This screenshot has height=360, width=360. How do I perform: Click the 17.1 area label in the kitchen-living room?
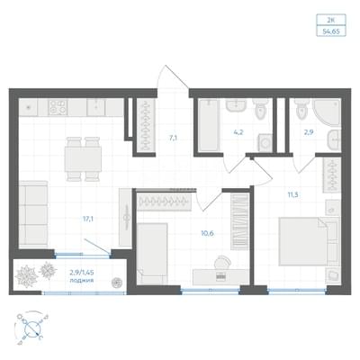(88, 219)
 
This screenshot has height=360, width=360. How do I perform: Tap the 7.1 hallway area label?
(173, 139)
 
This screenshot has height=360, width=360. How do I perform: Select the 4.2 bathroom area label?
(238, 132)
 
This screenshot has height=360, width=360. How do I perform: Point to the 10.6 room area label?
(207, 233)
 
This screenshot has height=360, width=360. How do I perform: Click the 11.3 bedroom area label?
(292, 195)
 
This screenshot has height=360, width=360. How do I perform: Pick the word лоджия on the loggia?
(81, 281)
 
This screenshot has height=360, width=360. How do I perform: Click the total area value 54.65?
(331, 31)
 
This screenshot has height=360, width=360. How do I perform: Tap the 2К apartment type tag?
(331, 20)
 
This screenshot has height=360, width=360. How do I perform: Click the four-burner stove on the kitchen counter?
(58, 107)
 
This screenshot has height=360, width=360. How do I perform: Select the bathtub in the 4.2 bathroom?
(209, 125)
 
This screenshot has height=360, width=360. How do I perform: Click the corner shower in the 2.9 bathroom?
(327, 112)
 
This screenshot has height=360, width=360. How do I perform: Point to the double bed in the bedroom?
(309, 241)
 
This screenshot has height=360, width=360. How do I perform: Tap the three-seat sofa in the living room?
(33, 213)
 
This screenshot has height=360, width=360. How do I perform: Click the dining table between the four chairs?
(83, 158)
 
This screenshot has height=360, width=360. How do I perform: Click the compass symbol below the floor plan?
(31, 328)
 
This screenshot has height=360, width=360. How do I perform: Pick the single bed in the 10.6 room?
(152, 254)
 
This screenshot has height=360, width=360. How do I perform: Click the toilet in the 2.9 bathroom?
(301, 109)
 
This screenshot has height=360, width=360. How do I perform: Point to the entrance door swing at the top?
(173, 76)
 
